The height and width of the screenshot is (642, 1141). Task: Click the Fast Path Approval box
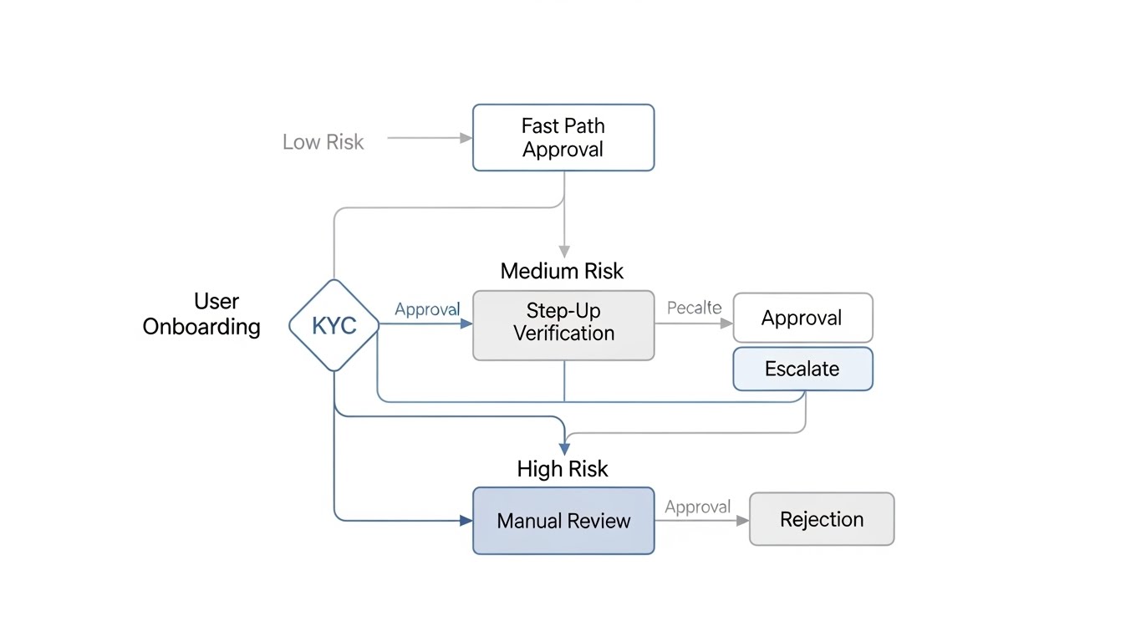[x=563, y=138]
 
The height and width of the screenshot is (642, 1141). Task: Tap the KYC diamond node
[x=334, y=325]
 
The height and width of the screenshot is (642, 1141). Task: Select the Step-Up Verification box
[x=563, y=325]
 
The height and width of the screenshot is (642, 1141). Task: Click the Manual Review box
[x=563, y=521]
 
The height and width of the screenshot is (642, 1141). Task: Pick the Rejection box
[x=821, y=519]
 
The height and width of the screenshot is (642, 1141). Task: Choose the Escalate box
[x=802, y=369]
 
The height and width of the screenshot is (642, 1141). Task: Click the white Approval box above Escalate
[x=802, y=318]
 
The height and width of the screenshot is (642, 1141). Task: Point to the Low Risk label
[x=323, y=142]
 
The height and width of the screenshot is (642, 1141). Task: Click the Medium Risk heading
[x=562, y=271]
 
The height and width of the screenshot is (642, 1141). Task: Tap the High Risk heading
[x=562, y=469]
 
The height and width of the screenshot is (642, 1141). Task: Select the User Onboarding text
[x=201, y=313]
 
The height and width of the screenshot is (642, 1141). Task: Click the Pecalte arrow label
[x=694, y=308]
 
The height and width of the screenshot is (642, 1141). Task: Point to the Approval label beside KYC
[x=427, y=309]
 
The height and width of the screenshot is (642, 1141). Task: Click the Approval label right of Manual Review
[x=697, y=507]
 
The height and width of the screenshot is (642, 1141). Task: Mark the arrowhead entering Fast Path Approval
[x=466, y=138]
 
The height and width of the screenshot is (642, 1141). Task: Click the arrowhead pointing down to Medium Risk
[x=564, y=251]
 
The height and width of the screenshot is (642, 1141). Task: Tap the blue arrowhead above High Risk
[x=564, y=449]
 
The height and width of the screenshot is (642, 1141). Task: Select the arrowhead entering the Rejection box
[x=742, y=520]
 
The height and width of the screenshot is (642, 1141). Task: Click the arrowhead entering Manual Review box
[x=466, y=521]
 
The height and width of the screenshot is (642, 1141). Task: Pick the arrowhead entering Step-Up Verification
[x=466, y=324]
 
